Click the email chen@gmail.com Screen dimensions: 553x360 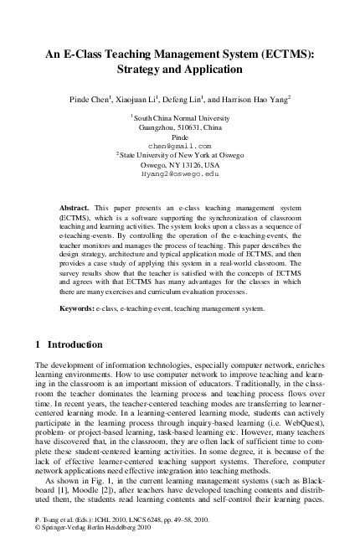tap(180, 145)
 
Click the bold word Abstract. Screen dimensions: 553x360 tap(76, 205)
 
